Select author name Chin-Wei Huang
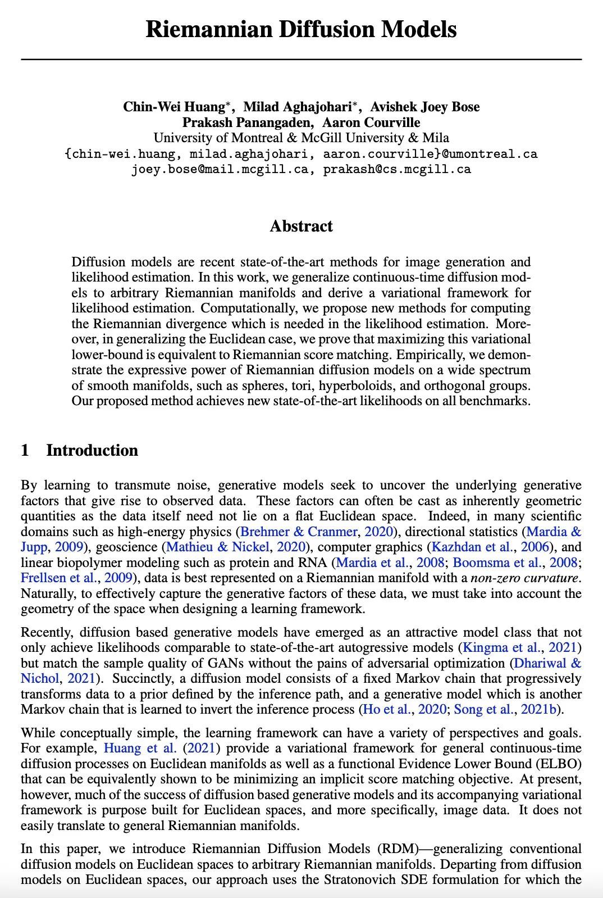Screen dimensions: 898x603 pyautogui.click(x=174, y=107)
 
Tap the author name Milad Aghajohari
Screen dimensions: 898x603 pyautogui.click(x=298, y=107)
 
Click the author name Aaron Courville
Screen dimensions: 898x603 pyautogui.click(x=371, y=123)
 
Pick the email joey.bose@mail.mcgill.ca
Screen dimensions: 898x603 pyautogui.click(x=220, y=169)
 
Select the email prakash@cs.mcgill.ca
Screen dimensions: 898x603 pyautogui.click(x=397, y=169)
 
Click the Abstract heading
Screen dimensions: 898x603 pyautogui.click(x=301, y=226)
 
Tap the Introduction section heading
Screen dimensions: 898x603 pyautogui.click(x=92, y=450)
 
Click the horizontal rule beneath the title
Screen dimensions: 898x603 pyautogui.click(x=301, y=59)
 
